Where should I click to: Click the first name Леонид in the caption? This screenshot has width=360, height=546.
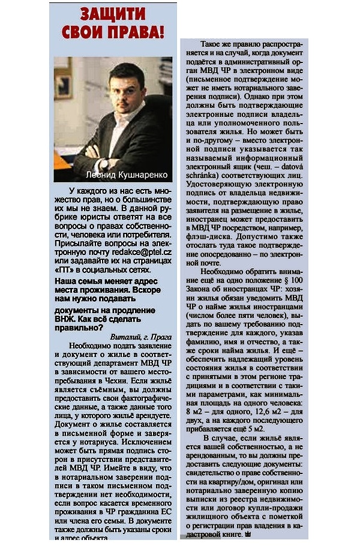(90, 175)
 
